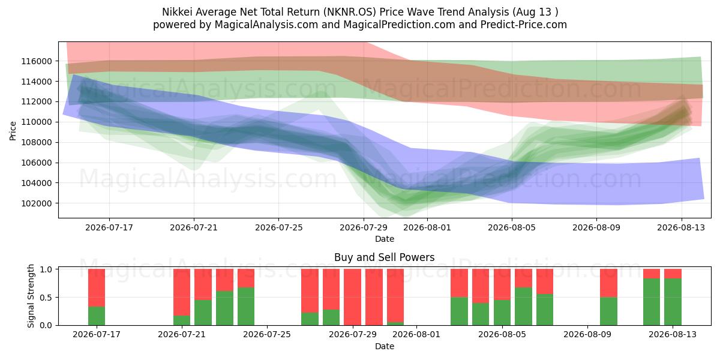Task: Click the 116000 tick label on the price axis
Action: [37, 61]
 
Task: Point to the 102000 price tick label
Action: [37, 203]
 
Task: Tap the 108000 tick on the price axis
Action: [37, 142]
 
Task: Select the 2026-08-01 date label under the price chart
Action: [427, 227]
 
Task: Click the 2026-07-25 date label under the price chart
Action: [278, 227]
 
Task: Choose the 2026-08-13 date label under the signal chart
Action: [673, 334]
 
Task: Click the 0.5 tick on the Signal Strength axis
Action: [46, 298]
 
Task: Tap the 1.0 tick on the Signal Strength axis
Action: [46, 269]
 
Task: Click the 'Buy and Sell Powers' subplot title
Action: [385, 257]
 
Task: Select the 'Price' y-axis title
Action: [13, 131]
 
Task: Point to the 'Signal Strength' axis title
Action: [31, 296]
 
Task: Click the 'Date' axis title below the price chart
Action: [385, 239]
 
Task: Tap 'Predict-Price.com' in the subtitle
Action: [524, 25]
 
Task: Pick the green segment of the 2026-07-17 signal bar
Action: [97, 316]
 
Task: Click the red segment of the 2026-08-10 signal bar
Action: [609, 283]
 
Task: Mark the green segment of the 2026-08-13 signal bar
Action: [673, 302]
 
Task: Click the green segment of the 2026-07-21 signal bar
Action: [182, 320]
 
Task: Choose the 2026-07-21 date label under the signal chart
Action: [182, 334]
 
